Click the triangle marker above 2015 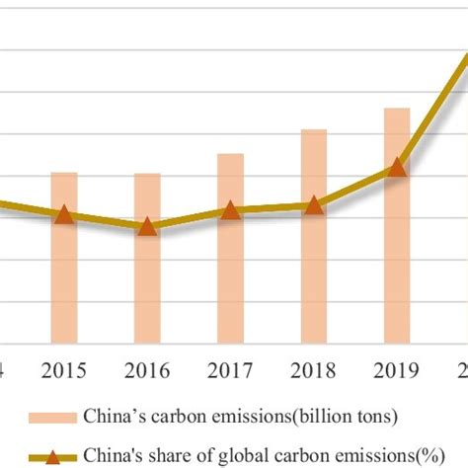click(x=64, y=214)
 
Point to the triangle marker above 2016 click(x=147, y=226)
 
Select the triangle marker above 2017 click(x=230, y=209)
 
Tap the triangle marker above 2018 click(x=314, y=205)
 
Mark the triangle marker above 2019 click(x=397, y=168)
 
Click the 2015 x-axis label click(x=64, y=371)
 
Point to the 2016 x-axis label click(x=147, y=371)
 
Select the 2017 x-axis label click(x=230, y=371)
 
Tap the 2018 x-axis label click(x=314, y=371)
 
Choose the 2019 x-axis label click(x=397, y=371)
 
